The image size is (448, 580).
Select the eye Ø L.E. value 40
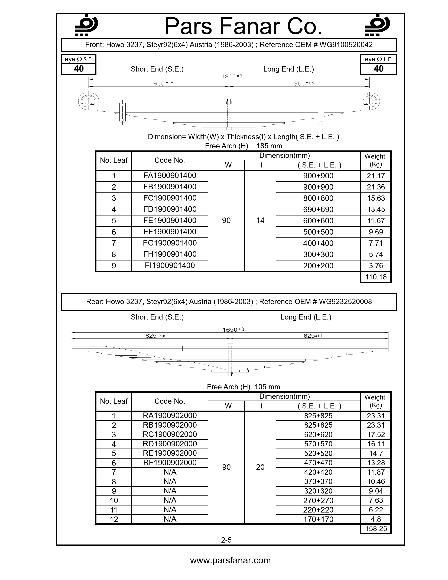coord(378,69)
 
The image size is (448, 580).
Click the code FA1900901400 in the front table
coord(170,176)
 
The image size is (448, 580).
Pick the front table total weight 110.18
coord(376,277)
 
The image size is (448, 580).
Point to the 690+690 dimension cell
coord(318,210)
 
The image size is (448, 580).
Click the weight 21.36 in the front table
coord(376,187)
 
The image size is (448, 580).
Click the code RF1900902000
coord(170,462)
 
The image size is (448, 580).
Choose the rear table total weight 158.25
coord(376,529)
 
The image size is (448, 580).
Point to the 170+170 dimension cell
coord(318,519)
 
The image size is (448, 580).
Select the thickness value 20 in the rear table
coord(260,467)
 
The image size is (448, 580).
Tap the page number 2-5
coord(226,540)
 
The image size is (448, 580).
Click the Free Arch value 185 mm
coord(269,146)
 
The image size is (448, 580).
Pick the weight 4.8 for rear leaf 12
coord(376,519)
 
